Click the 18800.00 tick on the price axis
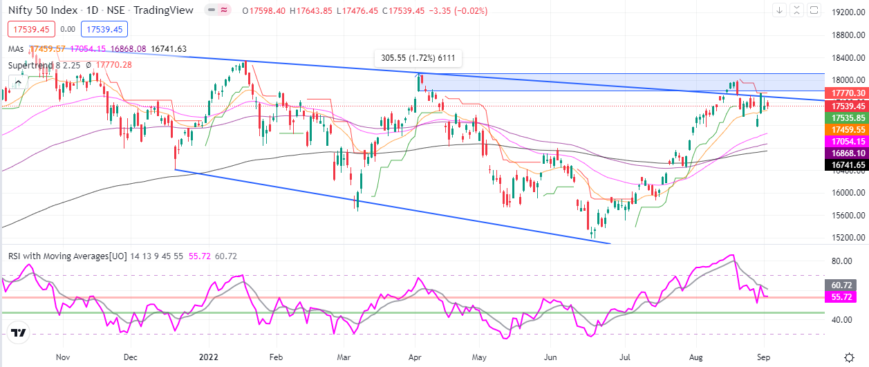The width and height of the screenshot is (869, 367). coord(847,35)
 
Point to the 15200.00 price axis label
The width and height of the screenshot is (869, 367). coord(847,237)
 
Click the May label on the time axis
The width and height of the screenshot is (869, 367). coord(478,358)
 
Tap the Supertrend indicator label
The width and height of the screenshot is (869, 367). coord(32,65)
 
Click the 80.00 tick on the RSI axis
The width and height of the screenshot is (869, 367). coord(840,261)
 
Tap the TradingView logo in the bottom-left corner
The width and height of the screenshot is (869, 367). coord(19,333)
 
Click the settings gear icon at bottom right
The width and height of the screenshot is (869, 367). coord(849,357)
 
